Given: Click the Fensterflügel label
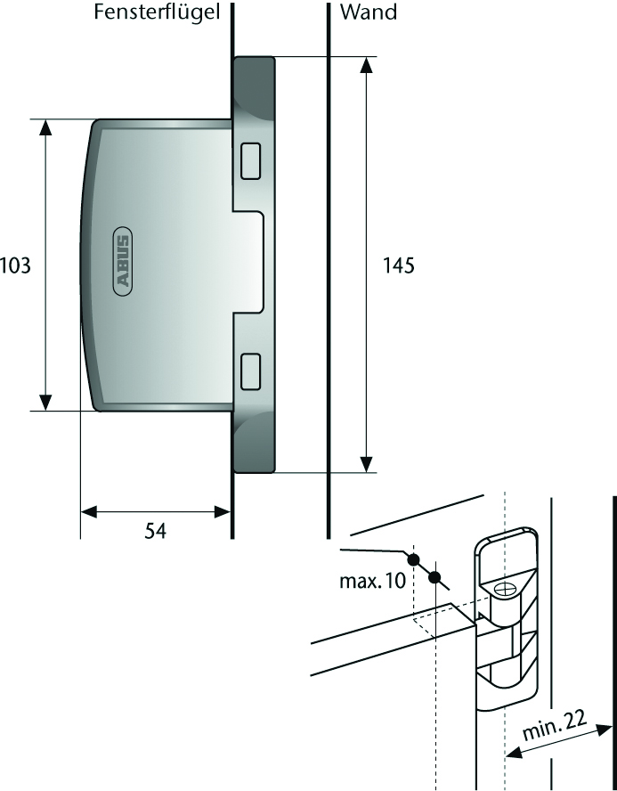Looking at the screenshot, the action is click(158, 12).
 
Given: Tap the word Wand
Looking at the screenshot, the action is click(369, 12).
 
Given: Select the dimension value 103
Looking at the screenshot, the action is click(16, 265).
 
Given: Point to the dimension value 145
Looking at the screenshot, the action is click(399, 265).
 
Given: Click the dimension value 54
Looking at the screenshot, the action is click(155, 531).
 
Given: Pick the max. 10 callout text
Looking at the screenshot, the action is click(372, 581).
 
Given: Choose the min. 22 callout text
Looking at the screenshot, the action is click(555, 725).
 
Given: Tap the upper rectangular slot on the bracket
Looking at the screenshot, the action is click(250, 161).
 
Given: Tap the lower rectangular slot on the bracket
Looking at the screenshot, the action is click(250, 371).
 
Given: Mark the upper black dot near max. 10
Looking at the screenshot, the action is click(413, 559).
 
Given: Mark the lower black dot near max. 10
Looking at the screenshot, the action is click(435, 577).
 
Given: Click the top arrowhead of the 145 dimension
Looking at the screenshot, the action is click(367, 64).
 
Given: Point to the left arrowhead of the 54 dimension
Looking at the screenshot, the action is click(89, 512).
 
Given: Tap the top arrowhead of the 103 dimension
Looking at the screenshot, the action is click(45, 127).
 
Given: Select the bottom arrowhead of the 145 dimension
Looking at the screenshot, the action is click(367, 465).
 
